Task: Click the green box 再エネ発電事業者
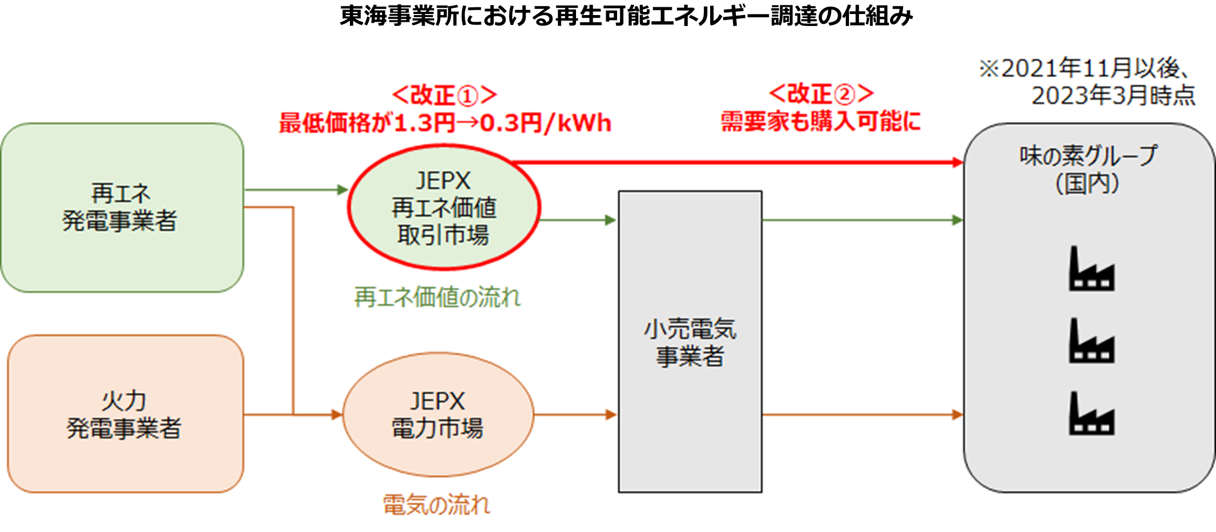point(122,208)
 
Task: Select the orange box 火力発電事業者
point(125,414)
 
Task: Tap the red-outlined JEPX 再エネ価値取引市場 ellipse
point(444,208)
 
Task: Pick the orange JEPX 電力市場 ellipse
point(438,415)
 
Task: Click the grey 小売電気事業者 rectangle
point(690,342)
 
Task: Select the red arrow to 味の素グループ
point(738,163)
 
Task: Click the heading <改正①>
point(444,96)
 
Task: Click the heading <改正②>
point(821,95)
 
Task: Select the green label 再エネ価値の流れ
point(437,298)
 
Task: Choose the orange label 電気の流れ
point(437,504)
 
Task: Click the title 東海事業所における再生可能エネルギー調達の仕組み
point(626,17)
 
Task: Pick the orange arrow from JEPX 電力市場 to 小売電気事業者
point(575,415)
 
